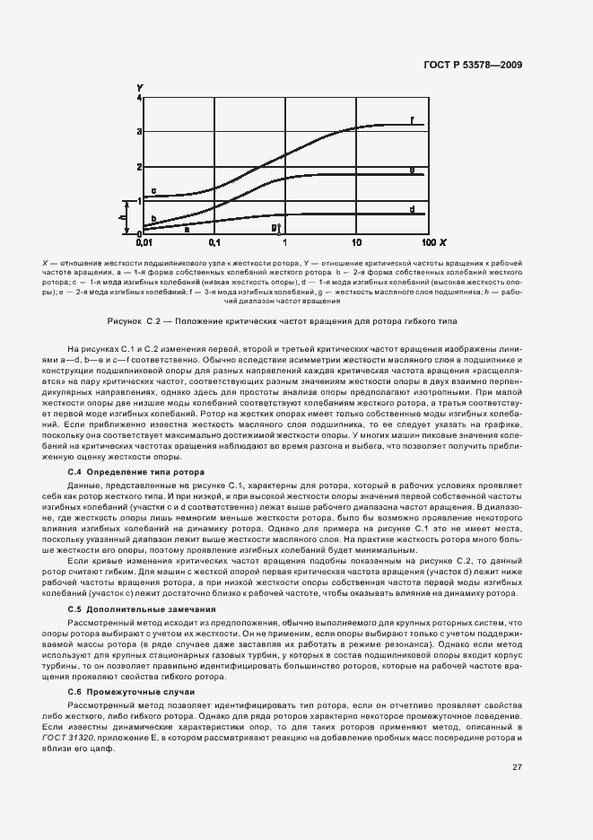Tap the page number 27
pos(518,766)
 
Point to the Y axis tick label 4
pos(139,96)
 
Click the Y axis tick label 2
pos(139,166)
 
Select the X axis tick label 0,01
pos(144,243)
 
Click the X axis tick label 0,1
pos(214,243)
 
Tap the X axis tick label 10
pos(356,243)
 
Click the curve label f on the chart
pos(412,119)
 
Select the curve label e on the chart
pos(412,169)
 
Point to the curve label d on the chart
pos(412,208)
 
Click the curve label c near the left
pos(153,190)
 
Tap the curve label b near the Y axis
pos(153,218)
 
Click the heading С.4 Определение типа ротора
pos(136,471)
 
